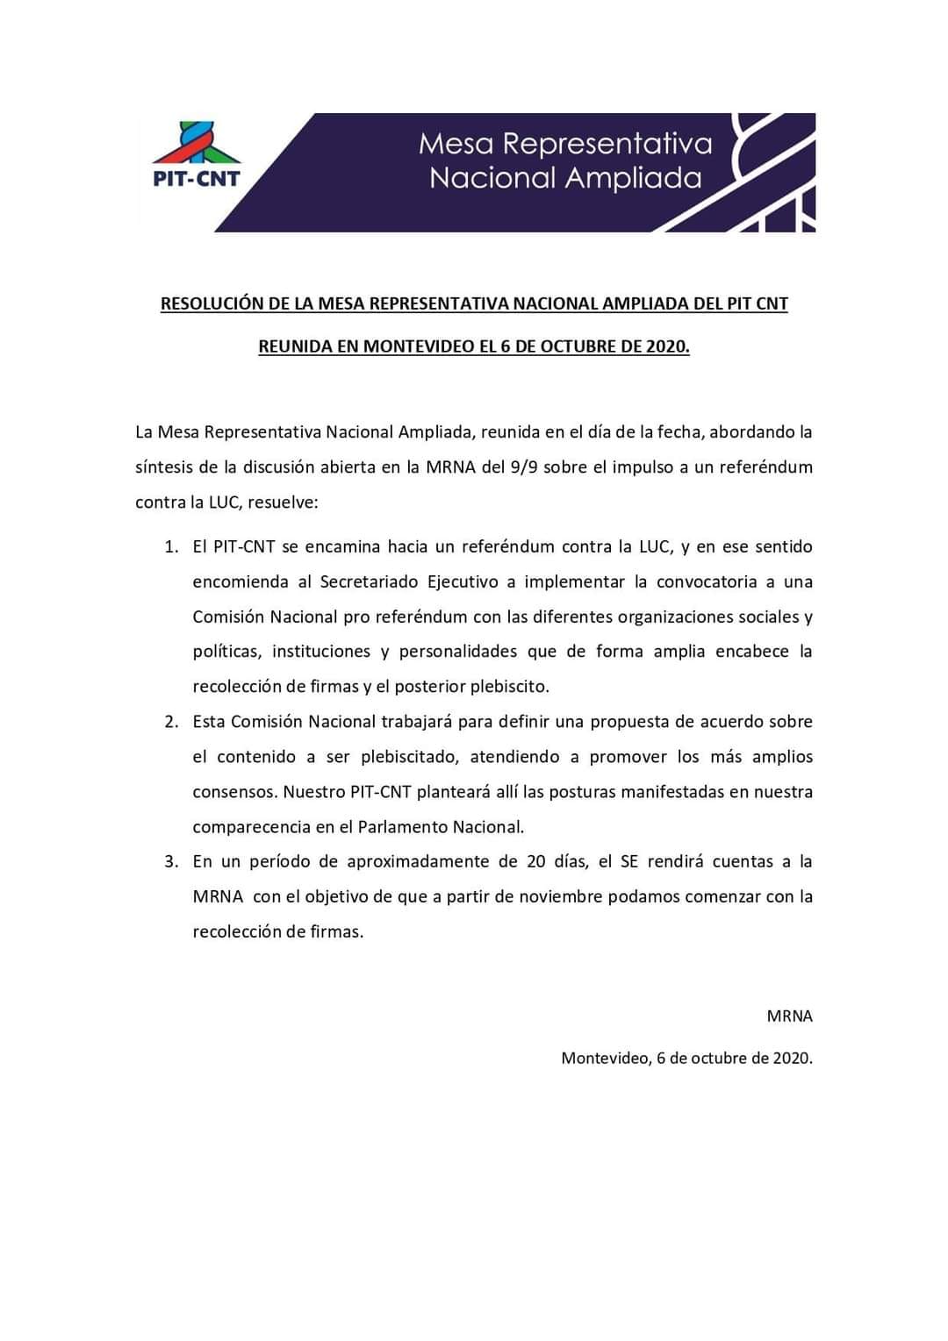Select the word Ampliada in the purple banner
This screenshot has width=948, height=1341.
(x=633, y=179)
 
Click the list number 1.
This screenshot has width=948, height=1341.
(x=170, y=547)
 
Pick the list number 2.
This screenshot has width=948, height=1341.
(x=170, y=722)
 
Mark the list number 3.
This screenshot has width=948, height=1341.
(x=170, y=862)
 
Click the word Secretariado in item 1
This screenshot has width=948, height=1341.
(x=369, y=582)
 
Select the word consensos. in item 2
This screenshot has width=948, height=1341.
(x=233, y=792)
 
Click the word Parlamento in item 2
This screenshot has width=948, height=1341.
(x=403, y=827)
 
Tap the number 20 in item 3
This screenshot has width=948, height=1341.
(x=536, y=862)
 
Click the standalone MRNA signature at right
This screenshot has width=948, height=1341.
(x=789, y=1016)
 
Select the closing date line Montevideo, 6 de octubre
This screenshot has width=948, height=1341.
(x=686, y=1059)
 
